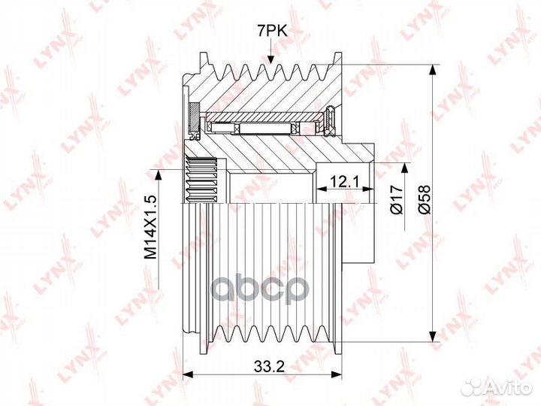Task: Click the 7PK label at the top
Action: point(271,32)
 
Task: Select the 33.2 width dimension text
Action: point(269,366)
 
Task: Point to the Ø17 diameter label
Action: point(397,199)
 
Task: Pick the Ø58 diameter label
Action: point(425,199)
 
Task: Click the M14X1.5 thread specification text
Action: point(151,227)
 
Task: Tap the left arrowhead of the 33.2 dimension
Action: point(188,374)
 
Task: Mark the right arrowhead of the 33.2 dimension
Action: point(336,374)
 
